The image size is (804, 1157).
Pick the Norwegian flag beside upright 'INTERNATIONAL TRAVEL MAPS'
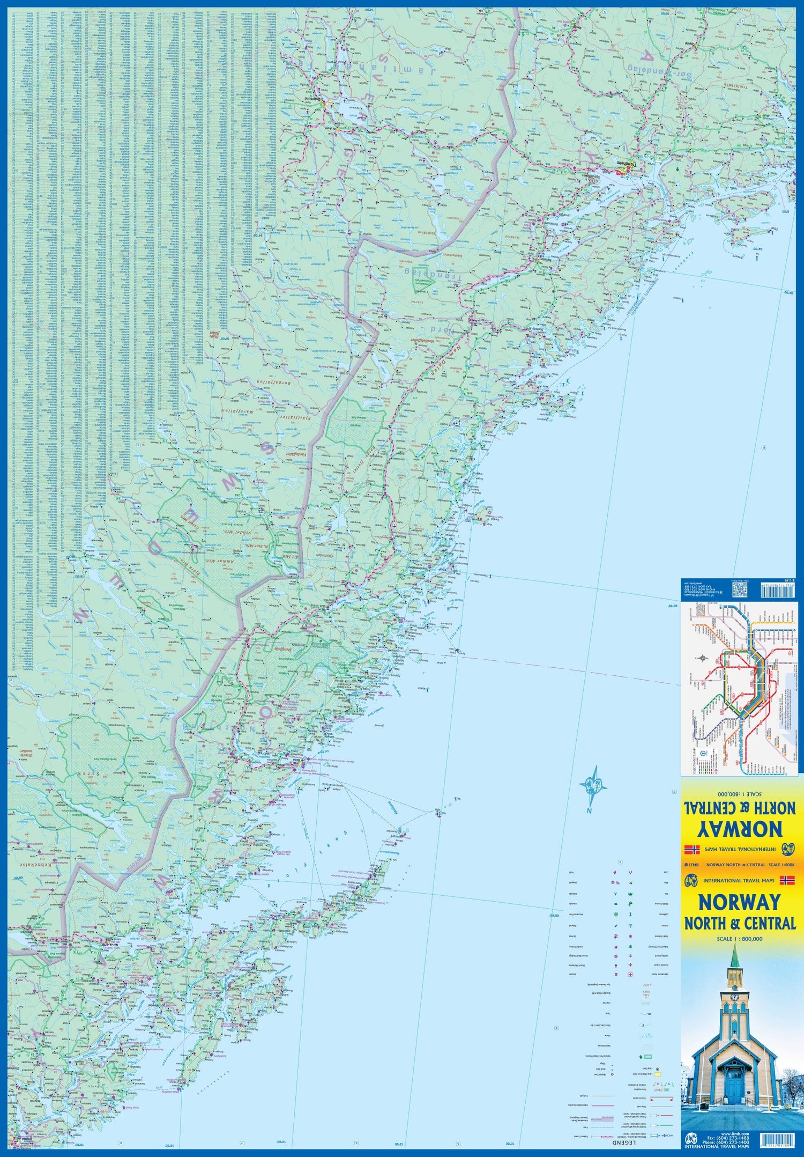(786, 880)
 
